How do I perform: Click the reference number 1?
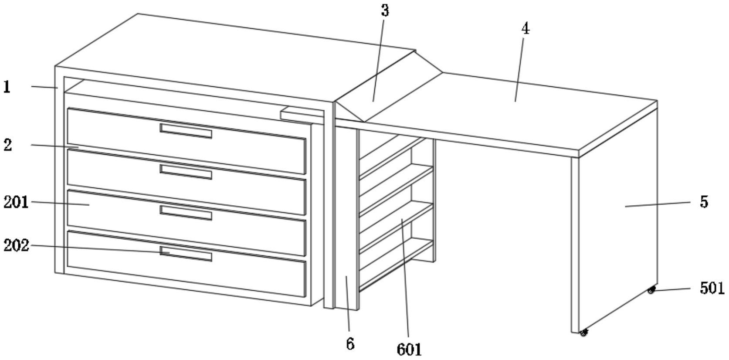pos(7,87)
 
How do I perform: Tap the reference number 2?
pos(7,145)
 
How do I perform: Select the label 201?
pos(16,202)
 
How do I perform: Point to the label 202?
pos(16,245)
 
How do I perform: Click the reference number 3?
pos(384,11)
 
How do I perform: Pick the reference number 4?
pos(526,29)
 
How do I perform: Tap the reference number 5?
pos(704,202)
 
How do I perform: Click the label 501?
pos(712,288)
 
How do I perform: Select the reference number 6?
pos(350,344)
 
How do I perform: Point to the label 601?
pos(409,349)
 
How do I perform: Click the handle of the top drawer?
pos(186,131)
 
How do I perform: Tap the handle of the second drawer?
pos(186,172)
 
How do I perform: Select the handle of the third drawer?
pos(186,213)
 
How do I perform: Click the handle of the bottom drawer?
pos(186,254)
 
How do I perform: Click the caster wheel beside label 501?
pos(651,290)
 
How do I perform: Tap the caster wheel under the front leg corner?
pos(583,333)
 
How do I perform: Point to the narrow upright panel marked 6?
pos(346,218)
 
